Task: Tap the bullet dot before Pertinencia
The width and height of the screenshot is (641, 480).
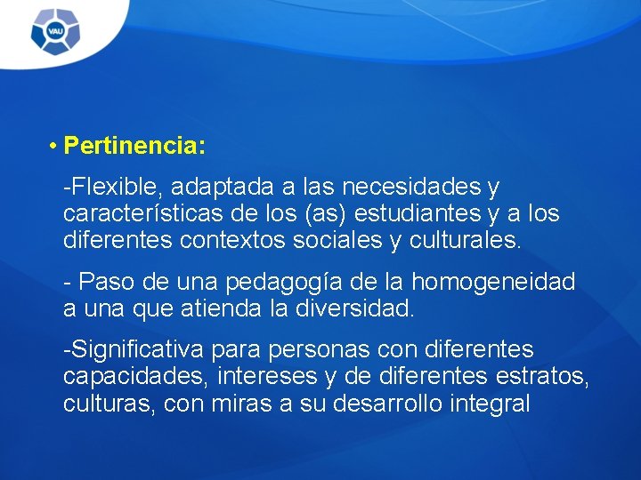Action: [54, 144]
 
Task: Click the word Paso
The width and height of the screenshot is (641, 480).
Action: [106, 283]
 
